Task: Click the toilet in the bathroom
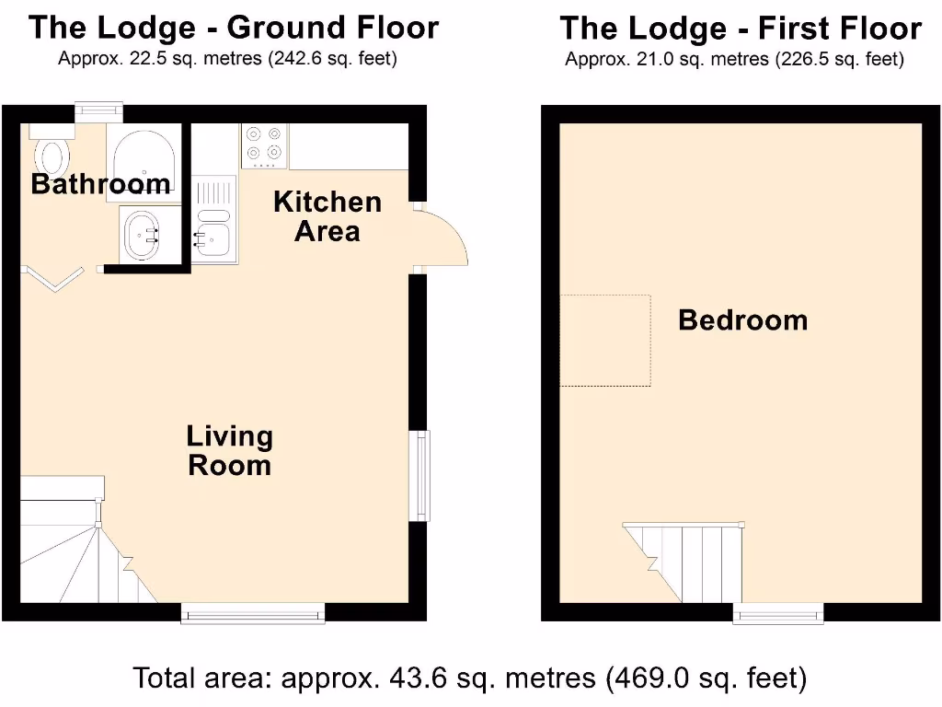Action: pos(51,154)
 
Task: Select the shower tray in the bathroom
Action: pos(144,153)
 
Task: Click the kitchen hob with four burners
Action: pos(263,145)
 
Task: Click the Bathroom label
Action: pos(100,184)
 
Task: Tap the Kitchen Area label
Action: pos(327,216)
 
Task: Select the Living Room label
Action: pos(229,450)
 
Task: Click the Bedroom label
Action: pos(742,320)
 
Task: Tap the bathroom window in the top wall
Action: pos(98,110)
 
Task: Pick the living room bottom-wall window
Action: pos(253,612)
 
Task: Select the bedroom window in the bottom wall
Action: pos(778,612)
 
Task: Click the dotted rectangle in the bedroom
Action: pos(605,340)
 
